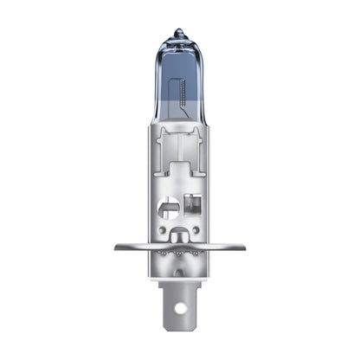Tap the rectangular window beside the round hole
pyautogui.click(x=191, y=207)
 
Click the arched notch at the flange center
pyautogui.click(x=179, y=236)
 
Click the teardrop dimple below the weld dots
pyautogui.click(x=179, y=271)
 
